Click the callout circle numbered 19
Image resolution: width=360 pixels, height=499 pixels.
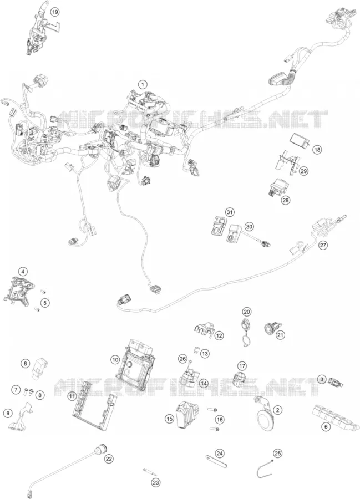coord(55,12)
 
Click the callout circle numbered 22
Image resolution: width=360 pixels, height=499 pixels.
coord(109,459)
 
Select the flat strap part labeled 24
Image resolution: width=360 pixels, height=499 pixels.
coord(216,461)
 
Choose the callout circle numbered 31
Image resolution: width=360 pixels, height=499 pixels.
coord(229,212)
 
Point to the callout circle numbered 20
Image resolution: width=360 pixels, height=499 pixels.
coord(247,312)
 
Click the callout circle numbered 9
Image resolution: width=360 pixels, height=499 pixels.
coord(8,413)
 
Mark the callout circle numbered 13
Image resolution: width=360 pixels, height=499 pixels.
coord(205,354)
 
